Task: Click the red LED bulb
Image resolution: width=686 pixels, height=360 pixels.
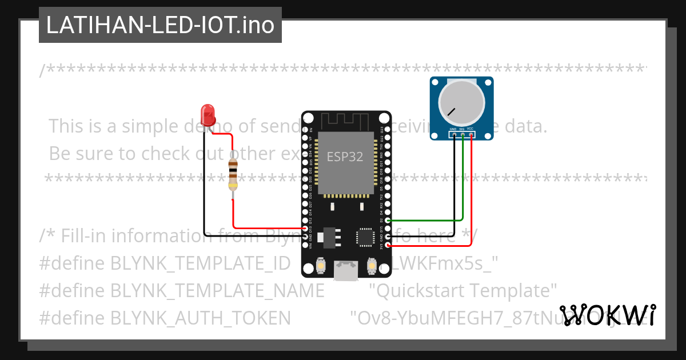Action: coord(209,113)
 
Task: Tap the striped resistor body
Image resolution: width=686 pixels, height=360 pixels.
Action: coord(233,174)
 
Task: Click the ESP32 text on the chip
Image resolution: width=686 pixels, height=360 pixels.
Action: coord(345,157)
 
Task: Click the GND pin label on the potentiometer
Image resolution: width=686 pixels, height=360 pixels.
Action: coord(453,129)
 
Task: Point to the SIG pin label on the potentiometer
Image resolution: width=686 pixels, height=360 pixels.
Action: coord(462,129)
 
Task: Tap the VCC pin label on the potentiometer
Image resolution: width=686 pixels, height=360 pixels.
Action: coord(470,129)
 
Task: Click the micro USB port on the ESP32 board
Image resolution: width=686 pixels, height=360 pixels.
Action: coord(346,271)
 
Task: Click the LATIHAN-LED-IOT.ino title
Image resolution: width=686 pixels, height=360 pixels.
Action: coord(160,25)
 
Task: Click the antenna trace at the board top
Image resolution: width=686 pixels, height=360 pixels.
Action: coord(346,121)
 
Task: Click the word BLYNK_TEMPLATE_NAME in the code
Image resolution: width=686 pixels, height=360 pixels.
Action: coord(217,290)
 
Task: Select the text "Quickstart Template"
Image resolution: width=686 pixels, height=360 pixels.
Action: coord(463,290)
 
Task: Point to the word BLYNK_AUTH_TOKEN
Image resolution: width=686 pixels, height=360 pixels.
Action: coord(200,317)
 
